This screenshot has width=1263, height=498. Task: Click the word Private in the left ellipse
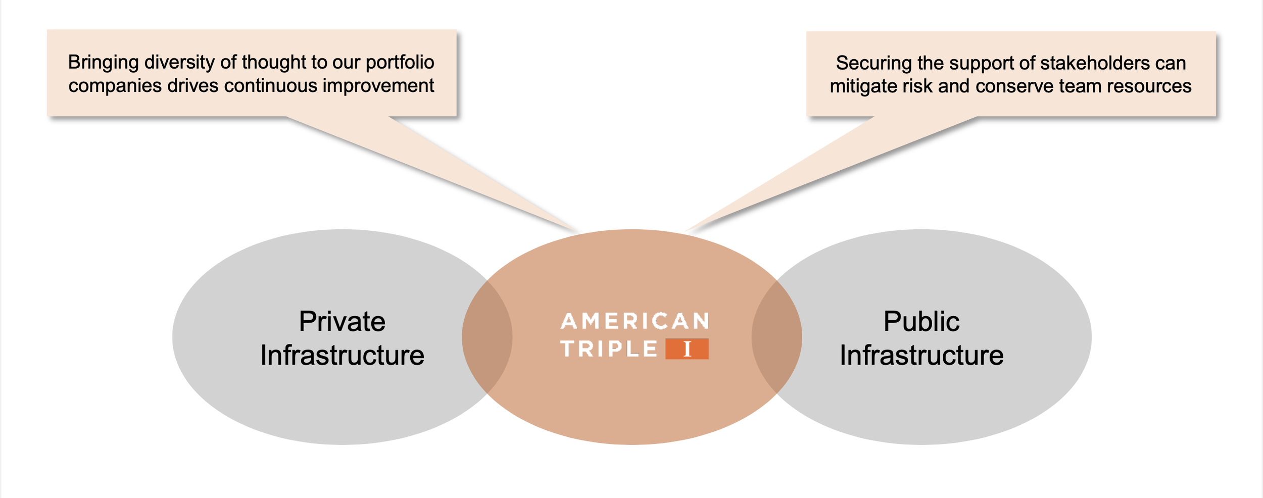(x=342, y=322)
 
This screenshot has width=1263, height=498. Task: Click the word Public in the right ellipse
(x=921, y=322)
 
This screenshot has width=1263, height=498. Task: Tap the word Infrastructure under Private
(x=342, y=356)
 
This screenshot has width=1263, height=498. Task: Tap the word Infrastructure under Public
(x=921, y=356)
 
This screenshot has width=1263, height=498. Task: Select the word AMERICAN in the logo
(x=635, y=322)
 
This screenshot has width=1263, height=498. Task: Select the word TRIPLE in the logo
(x=609, y=349)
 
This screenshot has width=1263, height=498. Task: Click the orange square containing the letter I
(x=687, y=349)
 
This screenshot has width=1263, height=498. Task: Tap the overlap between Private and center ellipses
(x=487, y=337)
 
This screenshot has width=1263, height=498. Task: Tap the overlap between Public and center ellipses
(x=776, y=337)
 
